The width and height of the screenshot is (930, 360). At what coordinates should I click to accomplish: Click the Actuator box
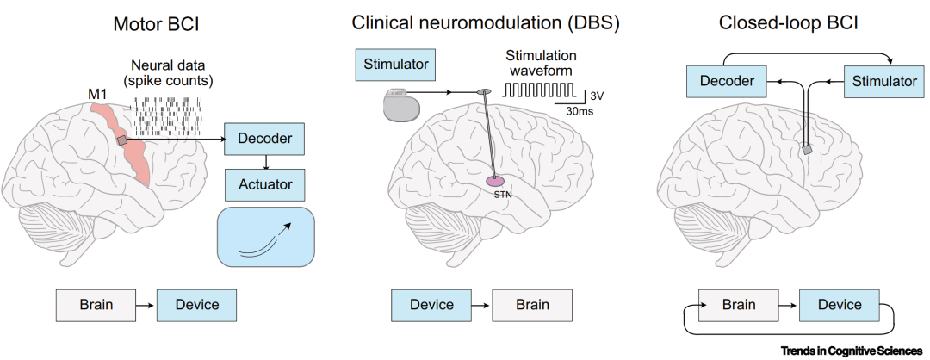tap(266, 184)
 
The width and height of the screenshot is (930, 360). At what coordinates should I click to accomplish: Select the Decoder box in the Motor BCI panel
tap(264, 139)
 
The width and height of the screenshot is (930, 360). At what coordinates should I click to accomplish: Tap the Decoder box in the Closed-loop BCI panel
tap(727, 81)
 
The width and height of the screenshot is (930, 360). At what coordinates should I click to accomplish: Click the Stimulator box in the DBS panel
tap(395, 65)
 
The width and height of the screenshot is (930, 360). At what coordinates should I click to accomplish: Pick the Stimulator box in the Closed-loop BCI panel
tap(884, 81)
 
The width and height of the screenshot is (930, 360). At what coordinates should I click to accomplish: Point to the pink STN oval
tap(496, 180)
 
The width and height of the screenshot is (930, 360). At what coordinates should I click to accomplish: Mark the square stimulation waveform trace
tap(539, 90)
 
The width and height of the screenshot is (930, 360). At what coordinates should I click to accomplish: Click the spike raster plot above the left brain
tap(168, 115)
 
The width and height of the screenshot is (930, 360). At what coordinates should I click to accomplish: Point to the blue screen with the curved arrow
tap(266, 237)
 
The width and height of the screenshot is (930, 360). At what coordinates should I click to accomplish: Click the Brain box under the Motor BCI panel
tap(96, 305)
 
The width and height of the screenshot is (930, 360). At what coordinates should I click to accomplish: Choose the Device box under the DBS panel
tap(431, 305)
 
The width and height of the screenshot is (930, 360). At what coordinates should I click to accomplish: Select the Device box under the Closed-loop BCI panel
tap(840, 305)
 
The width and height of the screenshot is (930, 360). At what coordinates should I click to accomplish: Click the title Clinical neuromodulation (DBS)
tap(486, 22)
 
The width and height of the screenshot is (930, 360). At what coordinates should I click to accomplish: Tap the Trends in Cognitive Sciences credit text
tap(852, 351)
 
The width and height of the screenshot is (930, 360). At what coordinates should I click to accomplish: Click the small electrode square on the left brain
tap(121, 140)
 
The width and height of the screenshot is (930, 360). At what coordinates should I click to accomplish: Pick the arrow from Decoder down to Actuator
tap(266, 162)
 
